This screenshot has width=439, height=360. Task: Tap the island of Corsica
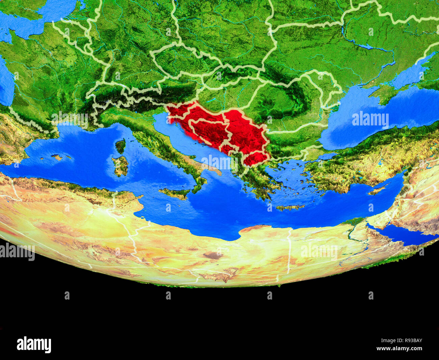click(120, 146)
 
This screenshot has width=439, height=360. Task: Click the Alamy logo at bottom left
click(34, 344)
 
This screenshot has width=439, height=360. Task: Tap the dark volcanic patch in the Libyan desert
click(212, 255)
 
